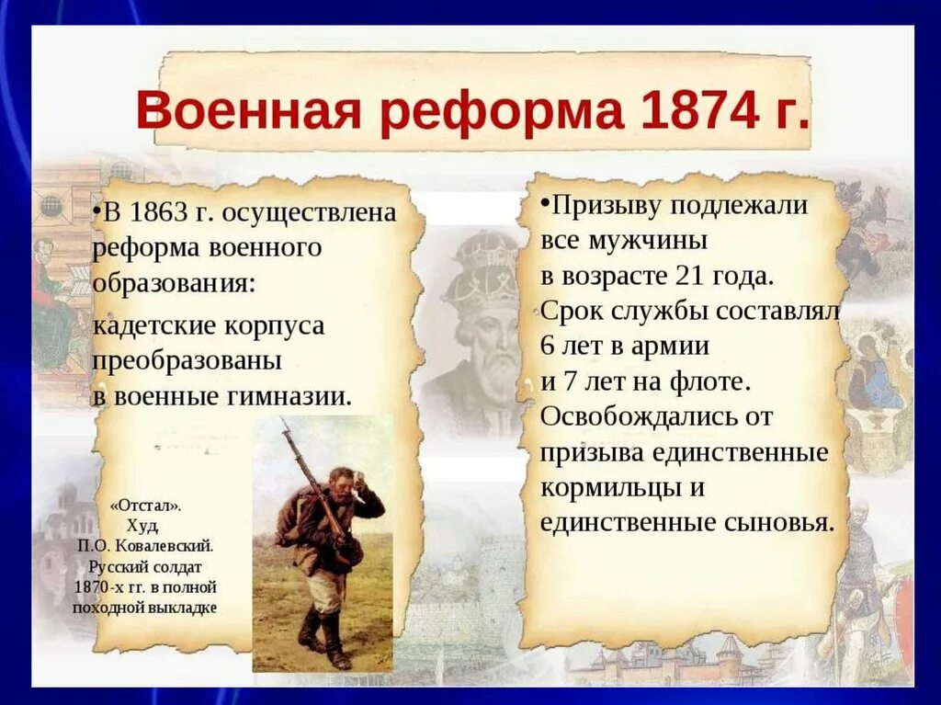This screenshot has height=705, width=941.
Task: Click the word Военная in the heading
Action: tap(248, 110)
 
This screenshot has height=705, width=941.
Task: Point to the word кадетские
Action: tap(153, 326)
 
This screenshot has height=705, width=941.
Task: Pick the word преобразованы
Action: tap(187, 361)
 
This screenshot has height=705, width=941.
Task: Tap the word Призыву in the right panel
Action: tap(606, 205)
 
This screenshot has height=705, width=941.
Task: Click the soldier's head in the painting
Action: tap(342, 479)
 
